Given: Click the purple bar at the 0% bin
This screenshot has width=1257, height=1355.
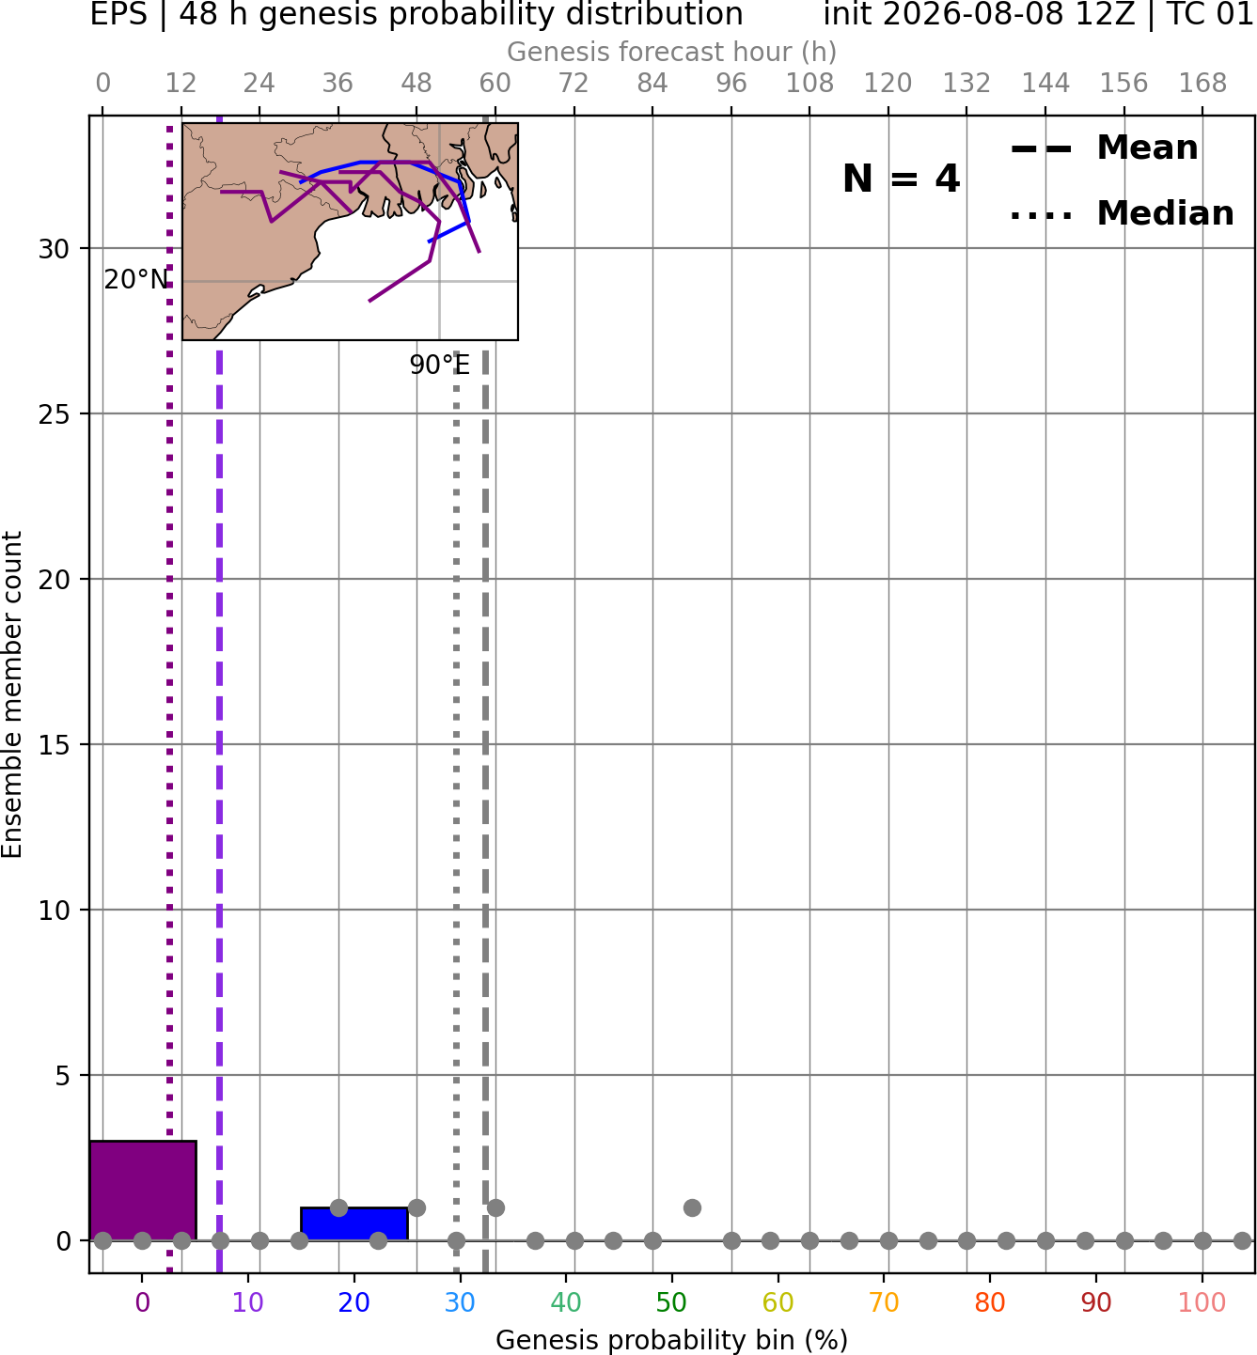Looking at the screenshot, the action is point(143,1191).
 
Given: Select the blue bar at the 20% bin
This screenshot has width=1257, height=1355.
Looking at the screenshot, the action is point(354,1224).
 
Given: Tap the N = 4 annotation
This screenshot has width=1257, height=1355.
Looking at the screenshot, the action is point(902,179).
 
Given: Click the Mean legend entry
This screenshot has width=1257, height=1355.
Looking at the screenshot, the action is point(1104,148).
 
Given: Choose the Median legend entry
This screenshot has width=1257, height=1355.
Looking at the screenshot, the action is point(1123,213).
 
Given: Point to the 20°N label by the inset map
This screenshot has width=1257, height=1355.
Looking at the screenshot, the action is point(136,280).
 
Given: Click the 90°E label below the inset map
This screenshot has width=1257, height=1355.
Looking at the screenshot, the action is point(440,365).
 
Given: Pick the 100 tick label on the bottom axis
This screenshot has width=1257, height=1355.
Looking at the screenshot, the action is point(1202,1302).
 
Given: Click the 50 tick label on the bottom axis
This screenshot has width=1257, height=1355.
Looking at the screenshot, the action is point(671,1302).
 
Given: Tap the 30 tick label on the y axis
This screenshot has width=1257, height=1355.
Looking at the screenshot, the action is point(54,249).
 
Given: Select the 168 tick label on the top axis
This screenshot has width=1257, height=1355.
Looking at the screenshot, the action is point(1202,84).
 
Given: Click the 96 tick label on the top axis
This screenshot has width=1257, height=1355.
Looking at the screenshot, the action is point(731,84).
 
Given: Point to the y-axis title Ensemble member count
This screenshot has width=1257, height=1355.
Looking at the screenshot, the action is point(11,694).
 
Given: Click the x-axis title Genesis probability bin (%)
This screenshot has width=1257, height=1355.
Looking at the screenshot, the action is point(672,1340).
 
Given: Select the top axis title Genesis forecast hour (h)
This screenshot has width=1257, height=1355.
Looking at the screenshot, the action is point(672,52).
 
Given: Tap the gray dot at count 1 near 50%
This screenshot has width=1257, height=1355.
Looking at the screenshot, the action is point(692,1207).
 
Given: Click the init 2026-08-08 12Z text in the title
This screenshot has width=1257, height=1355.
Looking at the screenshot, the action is point(979,14).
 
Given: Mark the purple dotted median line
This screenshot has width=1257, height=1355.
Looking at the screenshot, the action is point(170,694).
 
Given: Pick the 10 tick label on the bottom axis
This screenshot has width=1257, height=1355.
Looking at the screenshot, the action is point(248,1302).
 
